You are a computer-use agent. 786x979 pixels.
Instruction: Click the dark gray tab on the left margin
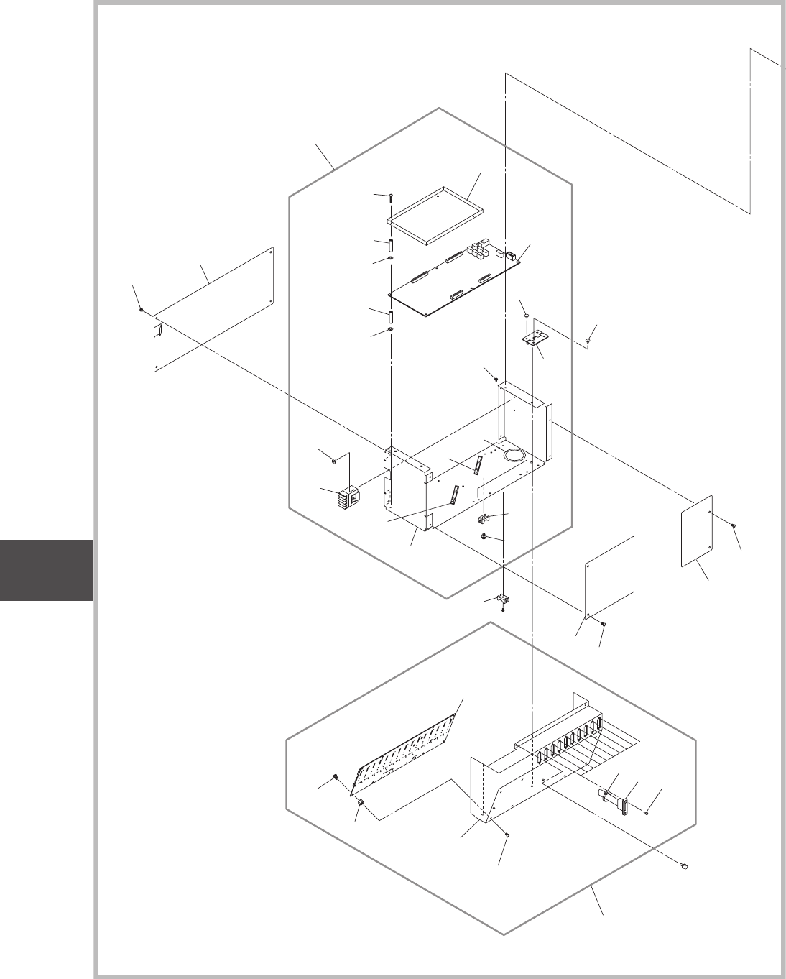tap(47, 569)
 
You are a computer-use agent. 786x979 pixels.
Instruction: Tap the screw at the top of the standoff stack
tap(391, 196)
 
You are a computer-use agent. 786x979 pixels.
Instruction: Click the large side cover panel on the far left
tap(214, 311)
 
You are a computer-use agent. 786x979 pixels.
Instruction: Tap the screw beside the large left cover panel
tap(142, 311)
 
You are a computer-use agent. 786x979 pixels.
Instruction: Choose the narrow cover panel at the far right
tap(696, 530)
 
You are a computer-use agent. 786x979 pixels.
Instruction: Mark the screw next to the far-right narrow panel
tap(732, 526)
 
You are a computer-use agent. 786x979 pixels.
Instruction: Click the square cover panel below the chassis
tap(610, 576)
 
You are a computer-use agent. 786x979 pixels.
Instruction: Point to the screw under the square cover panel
tap(604, 622)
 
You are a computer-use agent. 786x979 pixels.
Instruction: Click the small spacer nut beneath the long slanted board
tap(362, 801)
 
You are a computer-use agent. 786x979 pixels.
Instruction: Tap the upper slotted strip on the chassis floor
tap(476, 464)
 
